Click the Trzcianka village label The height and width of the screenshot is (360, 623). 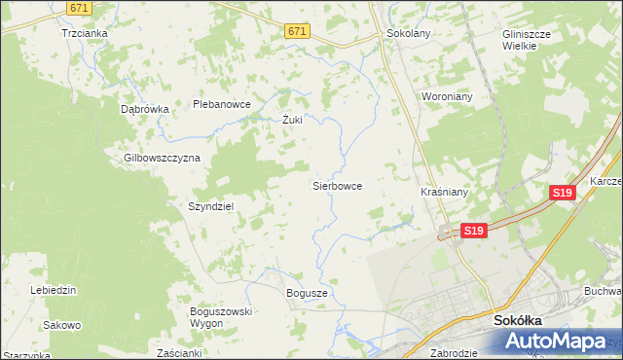(x=84, y=32)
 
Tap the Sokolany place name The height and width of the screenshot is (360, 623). (x=409, y=32)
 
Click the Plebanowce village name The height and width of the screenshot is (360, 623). (x=222, y=104)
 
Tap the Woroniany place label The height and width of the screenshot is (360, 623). (x=446, y=97)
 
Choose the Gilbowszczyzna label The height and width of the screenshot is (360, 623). (x=162, y=158)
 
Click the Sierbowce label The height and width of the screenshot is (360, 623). (x=337, y=185)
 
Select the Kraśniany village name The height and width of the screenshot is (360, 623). (x=445, y=192)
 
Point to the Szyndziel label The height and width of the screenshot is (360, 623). (x=210, y=206)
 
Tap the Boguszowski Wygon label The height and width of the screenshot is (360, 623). (x=221, y=316)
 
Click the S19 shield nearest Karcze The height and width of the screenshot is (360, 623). (x=562, y=194)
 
